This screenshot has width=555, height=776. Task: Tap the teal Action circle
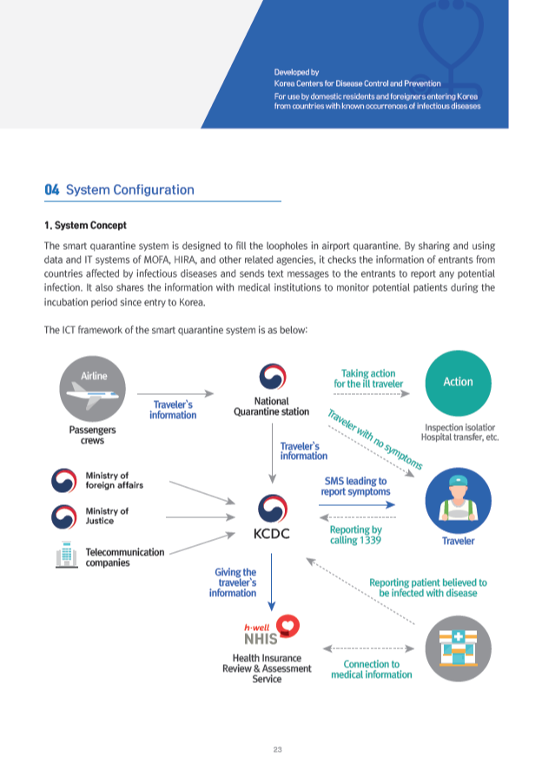click(x=458, y=382)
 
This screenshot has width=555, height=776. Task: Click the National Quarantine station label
click(x=271, y=406)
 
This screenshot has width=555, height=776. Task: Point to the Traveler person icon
click(x=458, y=499)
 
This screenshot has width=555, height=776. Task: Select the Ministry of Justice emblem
click(x=63, y=517)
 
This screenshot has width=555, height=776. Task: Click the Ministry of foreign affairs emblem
click(x=63, y=481)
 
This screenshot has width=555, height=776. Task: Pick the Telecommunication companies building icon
click(x=63, y=556)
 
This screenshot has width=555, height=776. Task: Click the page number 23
click(x=277, y=750)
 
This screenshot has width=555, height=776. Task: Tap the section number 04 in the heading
click(x=52, y=189)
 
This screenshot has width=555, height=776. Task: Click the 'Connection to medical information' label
click(x=371, y=669)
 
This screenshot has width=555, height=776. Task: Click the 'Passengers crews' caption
click(x=91, y=435)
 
